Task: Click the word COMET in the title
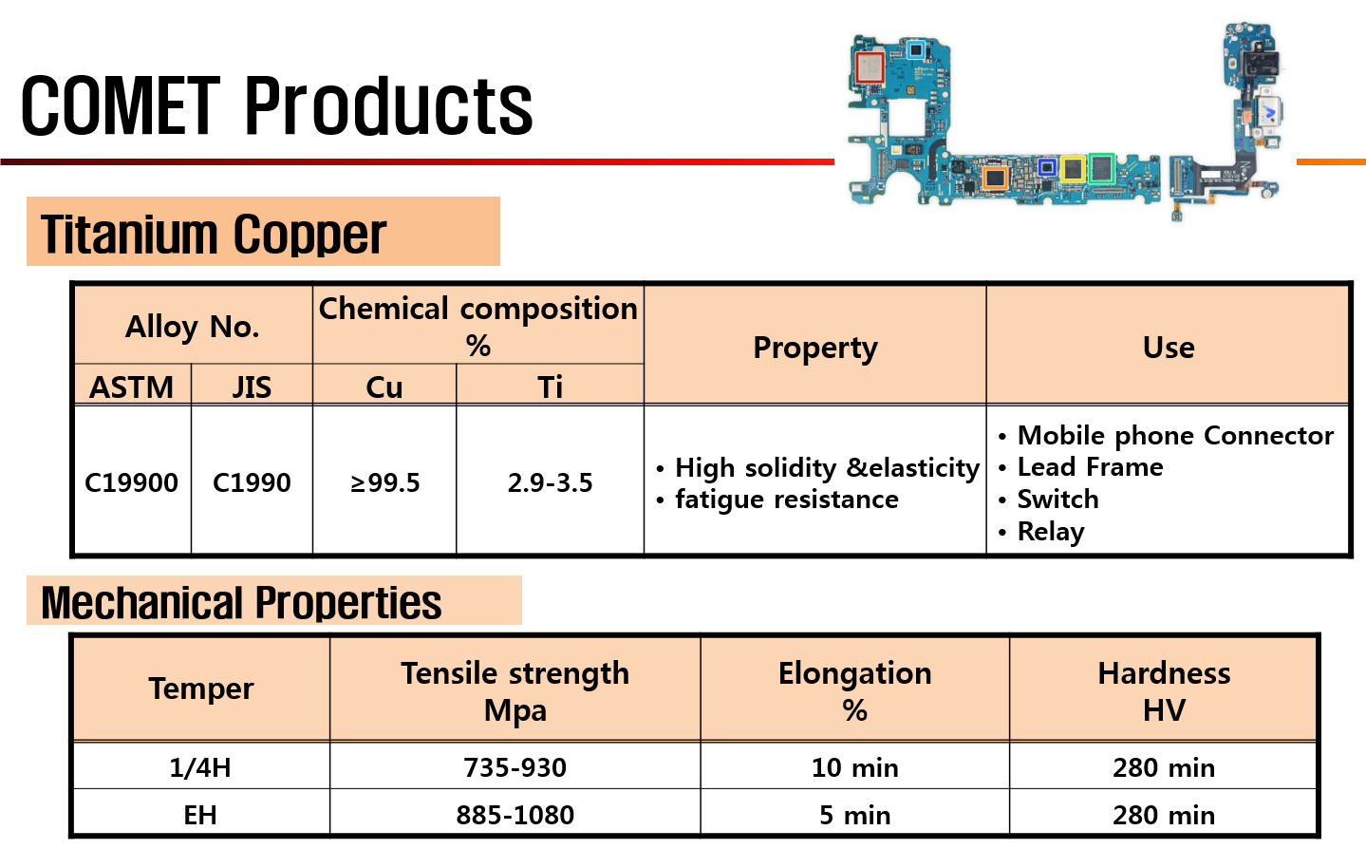pyautogui.click(x=121, y=105)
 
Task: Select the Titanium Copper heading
pyautogui.click(x=214, y=234)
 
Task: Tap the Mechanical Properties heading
pyautogui.click(x=241, y=603)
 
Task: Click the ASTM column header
pyautogui.click(x=131, y=387)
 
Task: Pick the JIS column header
pyautogui.click(x=252, y=387)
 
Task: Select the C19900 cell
pyautogui.click(x=131, y=483)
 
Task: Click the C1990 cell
pyautogui.click(x=252, y=483)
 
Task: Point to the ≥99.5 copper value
pyautogui.click(x=384, y=483)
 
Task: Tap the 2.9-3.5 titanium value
pyautogui.click(x=550, y=483)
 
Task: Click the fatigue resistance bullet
pyautogui.click(x=777, y=500)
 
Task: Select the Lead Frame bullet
pyautogui.click(x=1080, y=467)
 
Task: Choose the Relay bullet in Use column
pyautogui.click(x=1041, y=532)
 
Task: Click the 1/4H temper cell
pyautogui.click(x=200, y=767)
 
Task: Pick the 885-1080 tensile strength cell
pyautogui.click(x=515, y=815)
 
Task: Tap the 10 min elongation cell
pyautogui.click(x=855, y=767)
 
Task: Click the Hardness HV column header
pyautogui.click(x=1164, y=691)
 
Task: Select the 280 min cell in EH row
pyautogui.click(x=1164, y=815)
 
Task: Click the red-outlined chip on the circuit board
pyautogui.click(x=870, y=67)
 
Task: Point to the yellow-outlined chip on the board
pyautogui.click(x=1073, y=169)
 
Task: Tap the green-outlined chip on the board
pyautogui.click(x=1102, y=168)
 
